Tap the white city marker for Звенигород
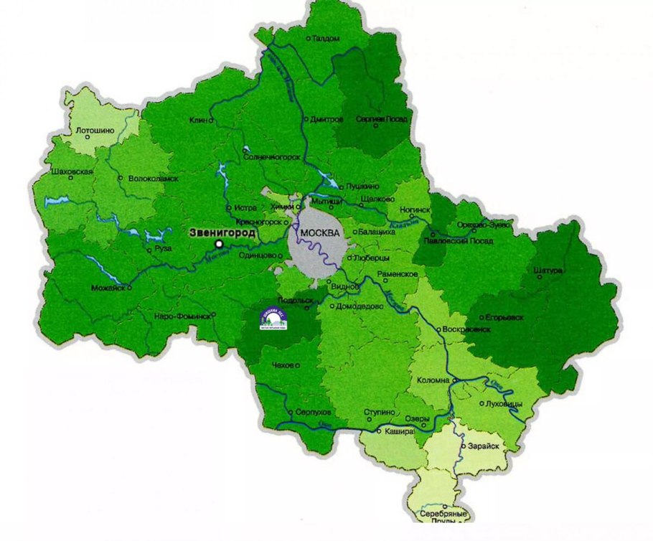coord(219,245)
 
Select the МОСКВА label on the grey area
coord(319,233)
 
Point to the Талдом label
coord(326,39)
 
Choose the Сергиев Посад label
coord(386,119)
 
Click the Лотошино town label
coord(95,131)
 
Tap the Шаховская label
coord(68,172)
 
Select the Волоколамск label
coord(152,178)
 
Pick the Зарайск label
coord(481,446)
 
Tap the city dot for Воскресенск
coord(438,329)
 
